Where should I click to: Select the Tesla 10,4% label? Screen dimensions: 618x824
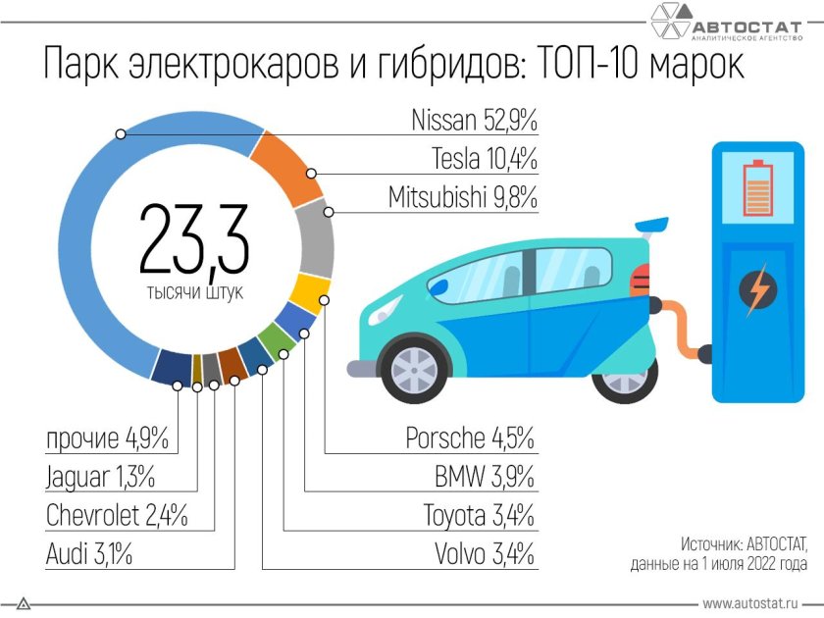click(x=485, y=159)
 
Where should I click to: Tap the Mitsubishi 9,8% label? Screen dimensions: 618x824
click(x=463, y=197)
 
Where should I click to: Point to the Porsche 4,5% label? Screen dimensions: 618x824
click(x=470, y=438)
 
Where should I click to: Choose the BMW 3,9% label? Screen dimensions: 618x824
click(x=485, y=478)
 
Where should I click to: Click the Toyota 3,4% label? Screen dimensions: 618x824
click(x=479, y=516)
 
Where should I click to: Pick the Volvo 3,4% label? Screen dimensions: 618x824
click(x=485, y=554)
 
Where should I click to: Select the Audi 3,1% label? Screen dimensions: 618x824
click(x=89, y=554)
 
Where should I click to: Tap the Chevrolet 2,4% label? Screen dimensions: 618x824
click(x=117, y=516)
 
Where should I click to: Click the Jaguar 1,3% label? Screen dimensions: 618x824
click(x=100, y=478)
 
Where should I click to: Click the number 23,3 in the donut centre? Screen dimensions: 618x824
click(x=193, y=239)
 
